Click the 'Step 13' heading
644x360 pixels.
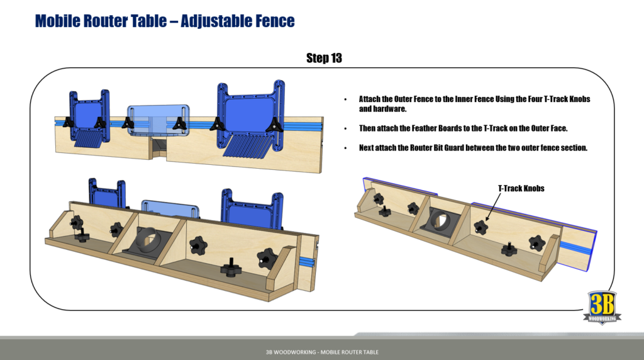pyautogui.click(x=324, y=58)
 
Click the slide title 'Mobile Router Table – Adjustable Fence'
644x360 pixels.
pyautogui.click(x=165, y=21)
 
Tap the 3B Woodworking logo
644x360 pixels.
pyautogui.click(x=601, y=307)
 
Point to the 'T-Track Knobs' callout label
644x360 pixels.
pyautogui.click(x=521, y=188)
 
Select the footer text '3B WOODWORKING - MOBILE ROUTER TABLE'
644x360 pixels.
pyautogui.click(x=322, y=352)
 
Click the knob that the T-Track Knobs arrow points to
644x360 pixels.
pyautogui.click(x=481, y=225)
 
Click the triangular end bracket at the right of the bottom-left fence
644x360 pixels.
pyautogui.click(x=281, y=268)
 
